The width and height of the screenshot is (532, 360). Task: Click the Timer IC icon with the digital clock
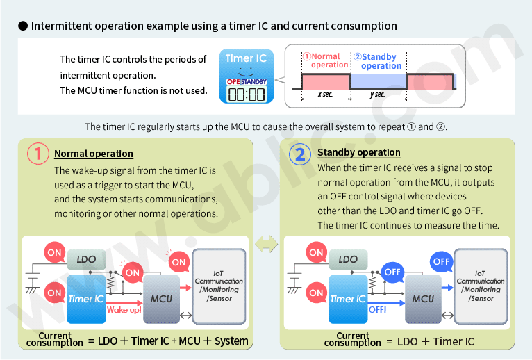(247, 76)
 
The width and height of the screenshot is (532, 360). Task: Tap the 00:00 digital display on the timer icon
(247, 94)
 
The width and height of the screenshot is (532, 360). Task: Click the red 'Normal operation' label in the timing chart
(325, 60)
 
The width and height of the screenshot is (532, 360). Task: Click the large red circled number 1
(38, 154)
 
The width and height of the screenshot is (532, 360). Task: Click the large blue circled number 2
(300, 154)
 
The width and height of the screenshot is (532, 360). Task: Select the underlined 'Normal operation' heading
(94, 154)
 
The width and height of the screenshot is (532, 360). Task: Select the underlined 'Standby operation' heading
(358, 152)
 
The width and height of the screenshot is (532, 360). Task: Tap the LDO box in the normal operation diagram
(87, 259)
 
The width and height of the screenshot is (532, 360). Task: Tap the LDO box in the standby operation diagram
(348, 259)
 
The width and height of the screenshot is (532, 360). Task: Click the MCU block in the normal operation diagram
(160, 298)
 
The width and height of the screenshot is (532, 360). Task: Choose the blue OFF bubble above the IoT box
(441, 262)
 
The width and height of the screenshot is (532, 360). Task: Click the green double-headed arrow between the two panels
(266, 244)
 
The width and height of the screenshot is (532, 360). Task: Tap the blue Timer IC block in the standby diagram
(347, 299)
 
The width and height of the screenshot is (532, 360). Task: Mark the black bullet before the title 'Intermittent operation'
(23, 26)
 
